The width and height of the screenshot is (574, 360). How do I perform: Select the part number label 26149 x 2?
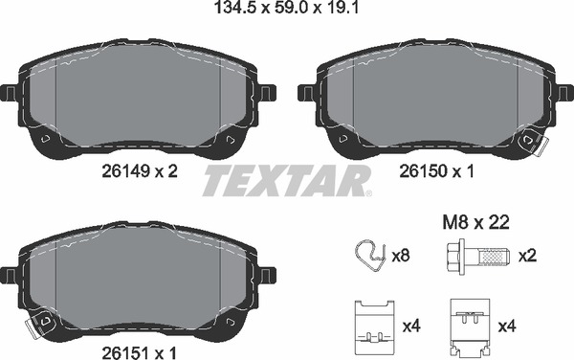point(140,171)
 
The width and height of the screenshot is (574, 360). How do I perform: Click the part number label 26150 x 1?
point(436,171)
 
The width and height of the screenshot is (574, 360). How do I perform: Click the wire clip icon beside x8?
point(364,256)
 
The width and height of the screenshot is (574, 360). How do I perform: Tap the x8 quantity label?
point(402,256)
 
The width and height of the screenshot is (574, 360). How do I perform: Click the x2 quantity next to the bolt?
point(527,256)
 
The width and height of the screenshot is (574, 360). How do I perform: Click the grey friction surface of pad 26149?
point(139,96)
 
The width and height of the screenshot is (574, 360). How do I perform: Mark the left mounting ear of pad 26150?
point(305,93)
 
